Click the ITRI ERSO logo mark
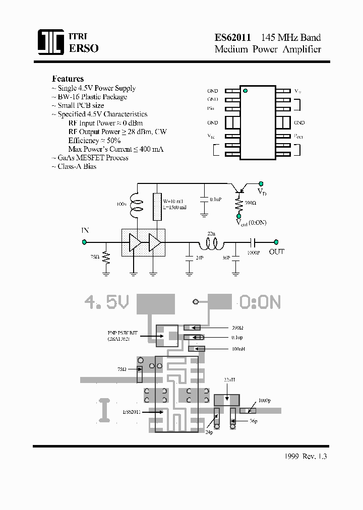51,42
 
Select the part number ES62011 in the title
233,38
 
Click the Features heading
68,79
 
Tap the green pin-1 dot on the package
246,91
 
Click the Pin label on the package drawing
211,108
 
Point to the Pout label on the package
299,136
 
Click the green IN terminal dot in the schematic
84,242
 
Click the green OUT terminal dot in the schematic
276,242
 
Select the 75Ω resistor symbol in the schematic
106,258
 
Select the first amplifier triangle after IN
134,242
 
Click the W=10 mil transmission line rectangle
157,206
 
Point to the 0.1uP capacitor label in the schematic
216,200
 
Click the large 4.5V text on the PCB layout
106,302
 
